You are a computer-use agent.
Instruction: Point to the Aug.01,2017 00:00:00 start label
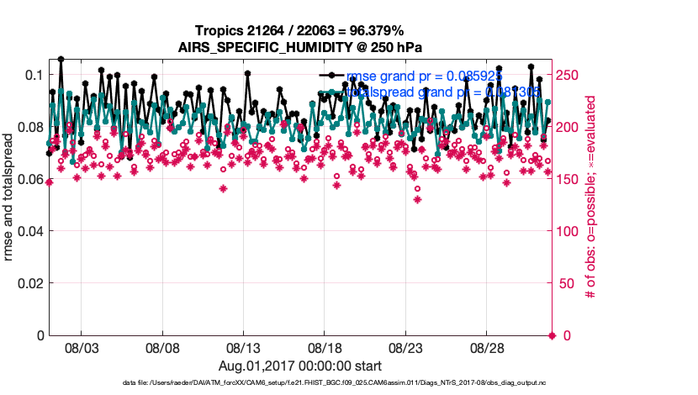pos(299,366)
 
